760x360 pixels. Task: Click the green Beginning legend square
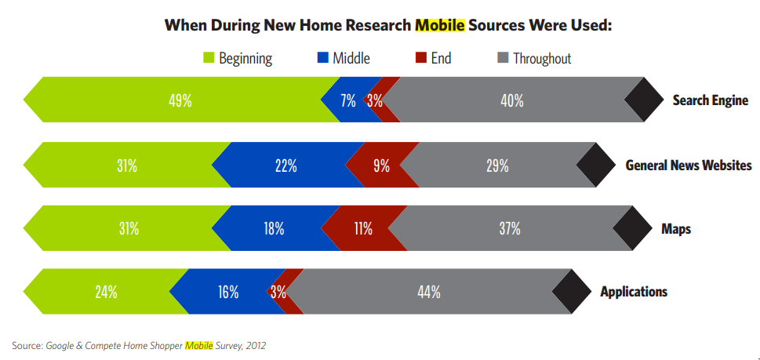coord(209,57)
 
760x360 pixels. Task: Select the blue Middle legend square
coord(322,57)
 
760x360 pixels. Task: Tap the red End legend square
coord(420,57)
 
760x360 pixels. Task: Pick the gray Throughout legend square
coord(503,57)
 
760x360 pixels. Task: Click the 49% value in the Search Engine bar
coord(180,100)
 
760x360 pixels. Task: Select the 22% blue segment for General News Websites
coord(285,165)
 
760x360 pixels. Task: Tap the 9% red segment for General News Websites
coord(382,165)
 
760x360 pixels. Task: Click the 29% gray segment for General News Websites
coord(497,165)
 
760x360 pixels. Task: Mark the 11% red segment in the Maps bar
coord(363,228)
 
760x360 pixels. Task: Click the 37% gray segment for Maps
coord(510,228)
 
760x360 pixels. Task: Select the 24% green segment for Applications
coord(107,292)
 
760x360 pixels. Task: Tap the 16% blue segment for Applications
coord(228,292)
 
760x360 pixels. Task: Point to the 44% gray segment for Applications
coord(429,292)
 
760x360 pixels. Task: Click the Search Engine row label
coord(710,100)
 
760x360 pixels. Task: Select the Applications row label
coord(634,292)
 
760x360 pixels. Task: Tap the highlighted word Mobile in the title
coord(440,24)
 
